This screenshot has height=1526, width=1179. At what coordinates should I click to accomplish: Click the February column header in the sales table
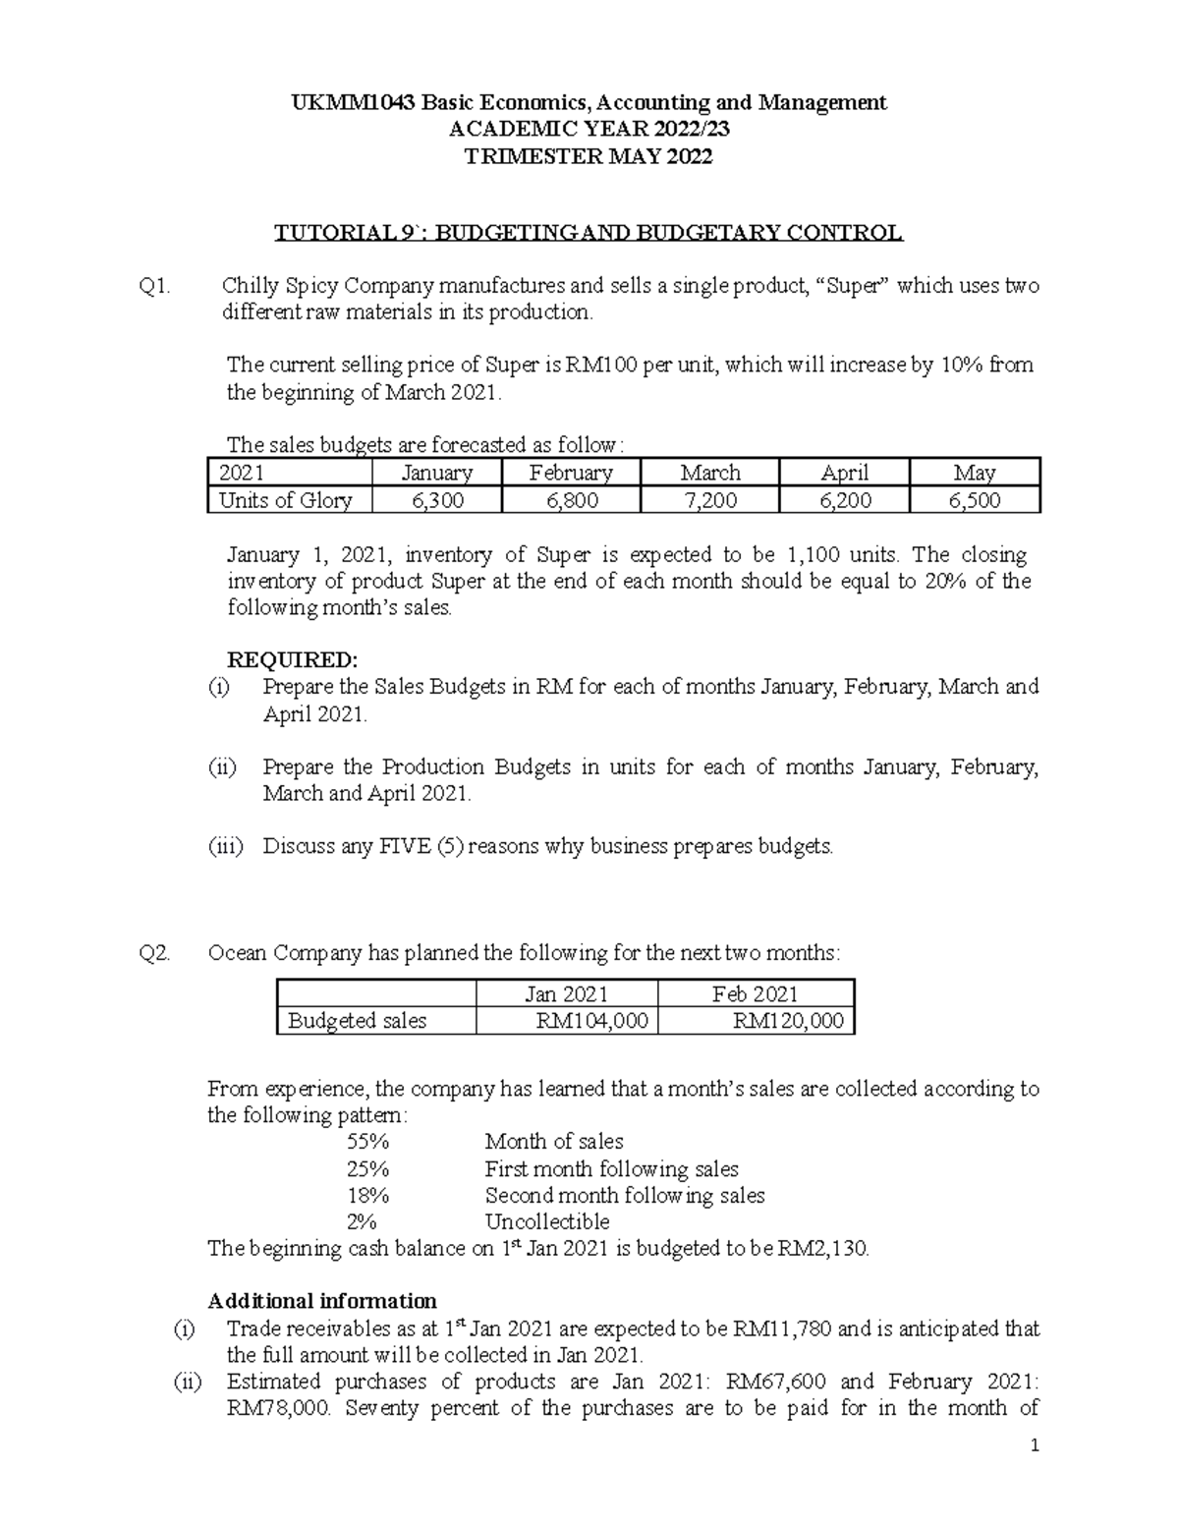coord(570,473)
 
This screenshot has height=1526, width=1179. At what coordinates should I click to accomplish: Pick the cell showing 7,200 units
coord(709,500)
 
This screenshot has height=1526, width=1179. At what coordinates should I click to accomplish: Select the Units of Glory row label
coord(285,500)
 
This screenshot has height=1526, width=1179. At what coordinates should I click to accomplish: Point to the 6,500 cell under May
coord(974,500)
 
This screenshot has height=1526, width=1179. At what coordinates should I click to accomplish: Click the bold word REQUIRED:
coord(293,658)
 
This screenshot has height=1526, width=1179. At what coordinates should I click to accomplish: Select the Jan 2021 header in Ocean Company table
coord(566,993)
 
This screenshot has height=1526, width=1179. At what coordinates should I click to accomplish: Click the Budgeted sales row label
coord(357,1021)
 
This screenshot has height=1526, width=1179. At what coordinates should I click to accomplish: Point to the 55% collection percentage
coord(367,1142)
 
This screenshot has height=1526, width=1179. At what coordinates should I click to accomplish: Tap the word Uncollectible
coord(546,1222)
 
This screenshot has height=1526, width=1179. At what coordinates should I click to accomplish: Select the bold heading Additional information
coord(322,1302)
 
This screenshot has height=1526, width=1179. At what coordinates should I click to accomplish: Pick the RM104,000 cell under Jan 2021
coord(591,1021)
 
